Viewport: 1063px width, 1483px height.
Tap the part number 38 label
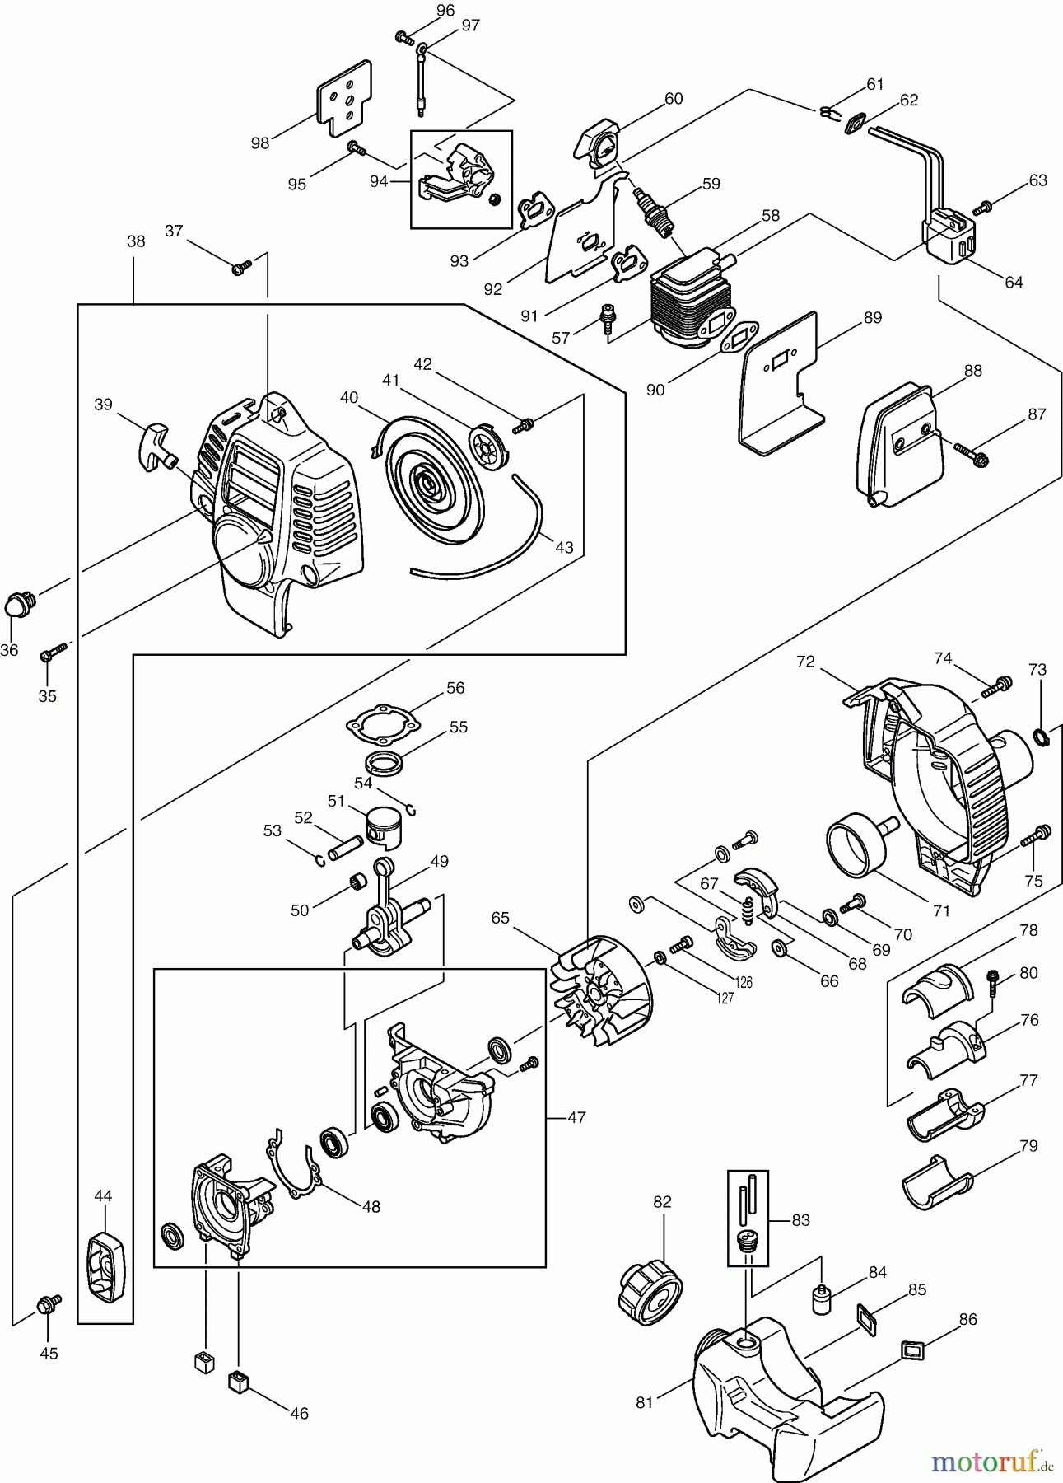pos(136,241)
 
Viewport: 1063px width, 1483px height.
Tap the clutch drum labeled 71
pos(856,847)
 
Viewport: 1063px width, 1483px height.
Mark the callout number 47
pos(576,1118)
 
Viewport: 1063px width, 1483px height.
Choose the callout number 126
pos(744,982)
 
